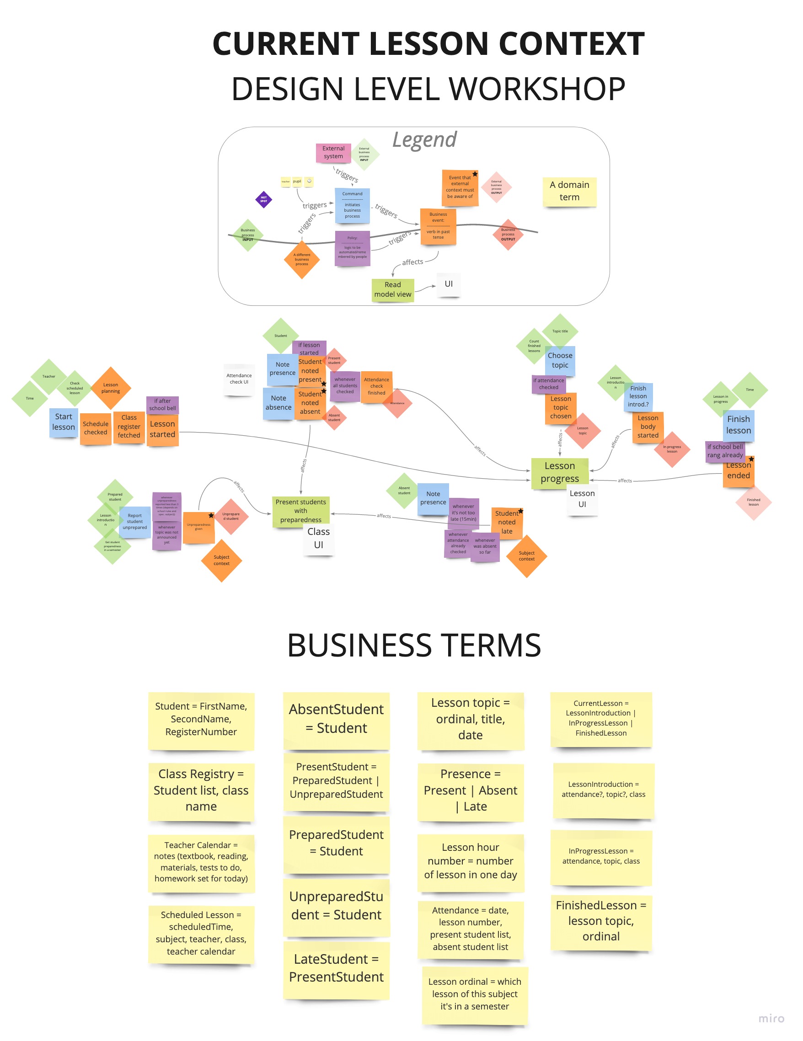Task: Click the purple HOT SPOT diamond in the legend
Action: pos(263,199)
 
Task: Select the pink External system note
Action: pos(333,153)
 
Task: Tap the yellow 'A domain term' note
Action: pos(569,191)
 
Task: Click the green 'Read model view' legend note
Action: pos(392,289)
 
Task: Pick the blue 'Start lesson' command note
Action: pos(64,422)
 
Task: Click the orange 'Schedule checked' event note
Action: pos(96,428)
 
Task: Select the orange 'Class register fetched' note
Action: pos(129,427)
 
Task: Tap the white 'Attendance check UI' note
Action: pos(239,379)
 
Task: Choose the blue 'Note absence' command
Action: pos(278,403)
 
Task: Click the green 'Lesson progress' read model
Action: pos(559,472)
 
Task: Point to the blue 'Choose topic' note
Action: pos(560,360)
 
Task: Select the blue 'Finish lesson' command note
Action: pos(738,425)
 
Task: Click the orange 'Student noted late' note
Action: pos(506,523)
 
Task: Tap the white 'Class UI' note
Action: pos(319,538)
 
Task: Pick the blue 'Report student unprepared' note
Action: pos(134,522)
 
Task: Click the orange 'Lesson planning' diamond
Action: pos(111,388)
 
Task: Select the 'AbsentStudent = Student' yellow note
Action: pos(336,719)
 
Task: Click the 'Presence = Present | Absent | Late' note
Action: pos(470,790)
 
